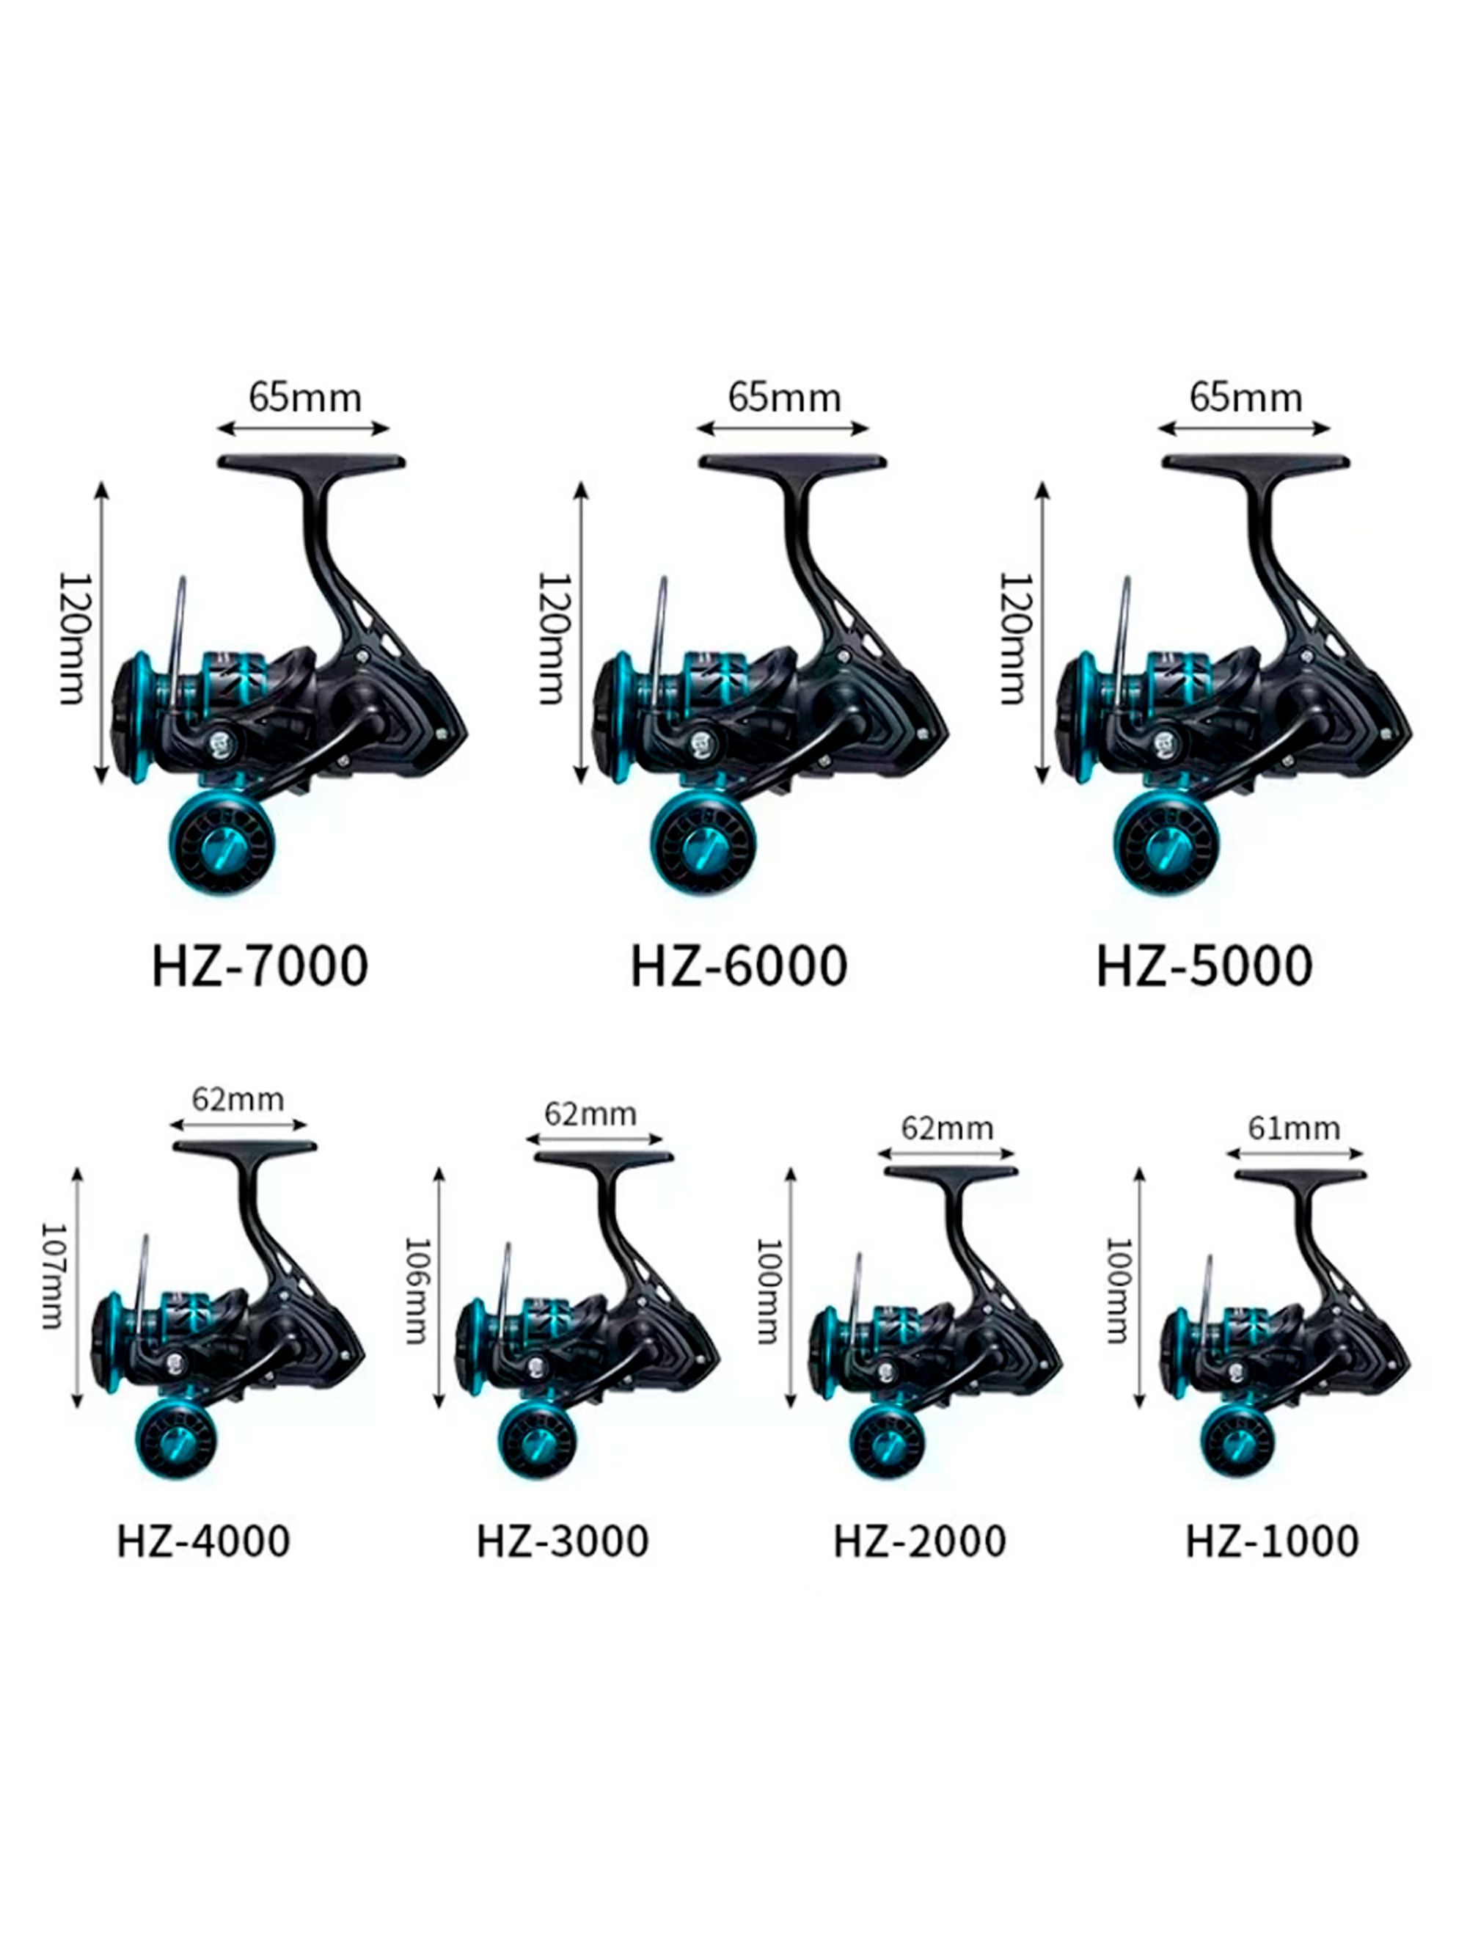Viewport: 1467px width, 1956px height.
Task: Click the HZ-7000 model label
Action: click(259, 966)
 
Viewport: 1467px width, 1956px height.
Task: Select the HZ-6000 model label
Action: click(739, 966)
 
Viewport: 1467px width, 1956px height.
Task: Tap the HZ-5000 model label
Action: click(1204, 966)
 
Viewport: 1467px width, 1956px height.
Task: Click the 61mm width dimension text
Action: click(1294, 1128)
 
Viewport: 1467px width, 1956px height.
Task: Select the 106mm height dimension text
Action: click(417, 1289)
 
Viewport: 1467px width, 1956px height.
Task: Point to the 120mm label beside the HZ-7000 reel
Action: click(74, 638)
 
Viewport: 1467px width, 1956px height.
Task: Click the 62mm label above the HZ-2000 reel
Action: click(947, 1128)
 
